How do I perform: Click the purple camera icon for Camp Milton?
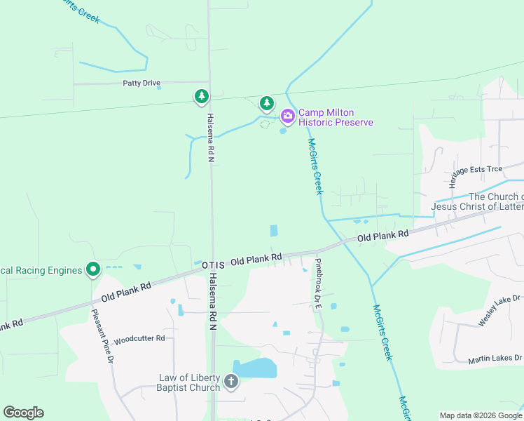[x=287, y=116]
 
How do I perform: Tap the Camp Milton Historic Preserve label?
[x=336, y=117]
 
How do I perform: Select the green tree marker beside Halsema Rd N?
[x=202, y=96]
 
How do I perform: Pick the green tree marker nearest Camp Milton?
[x=266, y=103]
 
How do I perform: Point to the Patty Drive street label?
[x=142, y=83]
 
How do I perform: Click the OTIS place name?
[x=214, y=265]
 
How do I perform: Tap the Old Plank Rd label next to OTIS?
[x=256, y=260]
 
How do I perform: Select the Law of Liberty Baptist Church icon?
[x=231, y=382]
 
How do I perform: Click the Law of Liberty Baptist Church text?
[x=189, y=382]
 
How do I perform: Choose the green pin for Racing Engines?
[x=92, y=269]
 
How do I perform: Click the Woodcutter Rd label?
[x=139, y=338]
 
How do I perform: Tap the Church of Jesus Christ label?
[x=477, y=201]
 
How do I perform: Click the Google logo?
[x=23, y=413]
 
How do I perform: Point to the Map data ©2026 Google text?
[x=479, y=415]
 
